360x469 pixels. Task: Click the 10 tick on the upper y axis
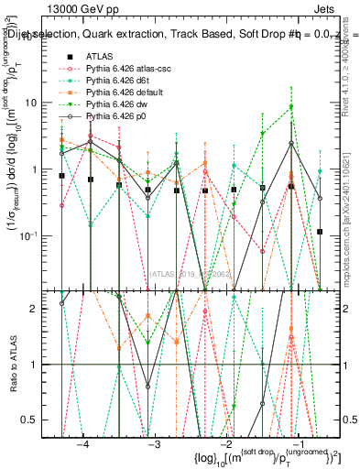coord(37,103)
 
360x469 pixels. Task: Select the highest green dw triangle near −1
coord(291,107)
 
